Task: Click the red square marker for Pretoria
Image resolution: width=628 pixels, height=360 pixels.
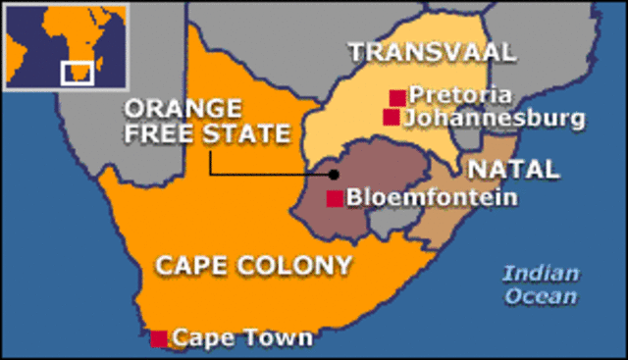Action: (x=397, y=97)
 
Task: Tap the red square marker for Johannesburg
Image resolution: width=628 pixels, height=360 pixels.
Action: (x=392, y=118)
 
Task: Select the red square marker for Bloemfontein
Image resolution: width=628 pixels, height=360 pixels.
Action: (x=335, y=199)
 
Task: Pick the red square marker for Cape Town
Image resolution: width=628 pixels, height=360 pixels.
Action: (x=159, y=338)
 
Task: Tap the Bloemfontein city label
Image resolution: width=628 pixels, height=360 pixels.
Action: (x=431, y=198)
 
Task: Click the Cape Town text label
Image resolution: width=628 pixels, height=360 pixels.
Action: (x=242, y=338)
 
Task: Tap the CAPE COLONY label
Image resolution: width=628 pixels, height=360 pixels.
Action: (x=253, y=264)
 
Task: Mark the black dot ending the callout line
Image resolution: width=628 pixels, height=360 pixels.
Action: (x=334, y=175)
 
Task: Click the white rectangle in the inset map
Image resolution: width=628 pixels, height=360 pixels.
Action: (x=77, y=72)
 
